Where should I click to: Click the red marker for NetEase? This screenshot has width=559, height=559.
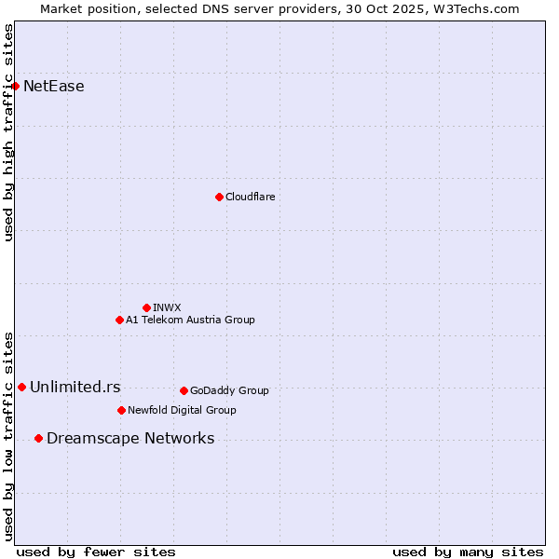[15, 87]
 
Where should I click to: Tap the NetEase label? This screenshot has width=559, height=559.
[54, 87]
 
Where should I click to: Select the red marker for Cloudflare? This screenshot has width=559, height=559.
[219, 197]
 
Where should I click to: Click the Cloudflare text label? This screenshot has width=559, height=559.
[250, 197]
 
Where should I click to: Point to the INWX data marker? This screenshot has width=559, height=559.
[146, 307]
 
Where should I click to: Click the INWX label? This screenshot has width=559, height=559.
[167, 307]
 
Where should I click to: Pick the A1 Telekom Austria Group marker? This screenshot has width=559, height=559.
[119, 320]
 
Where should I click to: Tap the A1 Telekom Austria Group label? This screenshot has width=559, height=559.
[190, 320]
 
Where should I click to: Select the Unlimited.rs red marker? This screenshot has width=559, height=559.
[21, 387]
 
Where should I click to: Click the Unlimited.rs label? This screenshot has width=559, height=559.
[75, 387]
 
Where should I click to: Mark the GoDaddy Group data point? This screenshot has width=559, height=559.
[184, 390]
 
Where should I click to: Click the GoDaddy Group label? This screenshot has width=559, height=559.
[229, 390]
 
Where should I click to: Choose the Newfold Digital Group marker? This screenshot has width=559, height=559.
[121, 410]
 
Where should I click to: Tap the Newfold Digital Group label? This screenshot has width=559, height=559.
[182, 410]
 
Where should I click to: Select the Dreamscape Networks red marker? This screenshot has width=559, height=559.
[38, 438]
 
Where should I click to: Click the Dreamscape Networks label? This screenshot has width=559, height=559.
[130, 438]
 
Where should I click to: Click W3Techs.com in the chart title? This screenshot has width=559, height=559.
[480, 8]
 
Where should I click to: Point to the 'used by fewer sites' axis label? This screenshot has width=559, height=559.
[96, 552]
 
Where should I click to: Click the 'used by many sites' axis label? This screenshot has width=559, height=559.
[468, 552]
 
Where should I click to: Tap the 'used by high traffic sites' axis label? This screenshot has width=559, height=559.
[8, 132]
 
